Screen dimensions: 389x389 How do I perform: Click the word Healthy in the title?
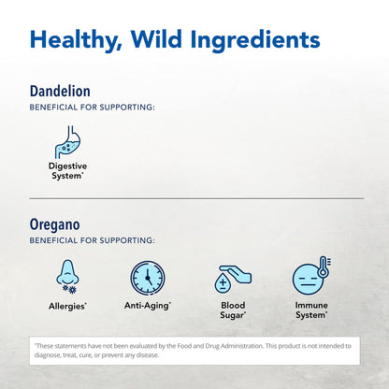[x=76, y=40]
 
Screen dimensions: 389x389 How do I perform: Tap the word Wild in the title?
[x=156, y=39]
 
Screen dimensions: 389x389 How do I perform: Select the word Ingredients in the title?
[x=255, y=40]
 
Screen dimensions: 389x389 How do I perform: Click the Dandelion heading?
[x=60, y=91]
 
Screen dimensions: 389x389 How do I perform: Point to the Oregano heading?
[x=55, y=225]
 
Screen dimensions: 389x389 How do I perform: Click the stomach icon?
[x=67, y=142]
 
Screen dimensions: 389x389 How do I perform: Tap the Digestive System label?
[x=67, y=171]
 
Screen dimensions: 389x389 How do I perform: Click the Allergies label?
[x=67, y=306]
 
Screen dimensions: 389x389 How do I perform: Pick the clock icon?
[x=148, y=278]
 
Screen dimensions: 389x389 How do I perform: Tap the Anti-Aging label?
[x=148, y=306]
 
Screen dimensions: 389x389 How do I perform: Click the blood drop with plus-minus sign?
[x=223, y=282]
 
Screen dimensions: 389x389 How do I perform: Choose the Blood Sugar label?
[x=233, y=310]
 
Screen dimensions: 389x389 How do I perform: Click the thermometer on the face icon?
[x=324, y=267]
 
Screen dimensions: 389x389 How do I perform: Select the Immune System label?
[x=311, y=310]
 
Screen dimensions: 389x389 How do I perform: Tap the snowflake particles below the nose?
[x=69, y=289]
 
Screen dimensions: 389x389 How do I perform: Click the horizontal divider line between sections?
[x=196, y=198]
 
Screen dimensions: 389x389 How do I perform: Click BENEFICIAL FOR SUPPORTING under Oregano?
[x=92, y=240]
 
